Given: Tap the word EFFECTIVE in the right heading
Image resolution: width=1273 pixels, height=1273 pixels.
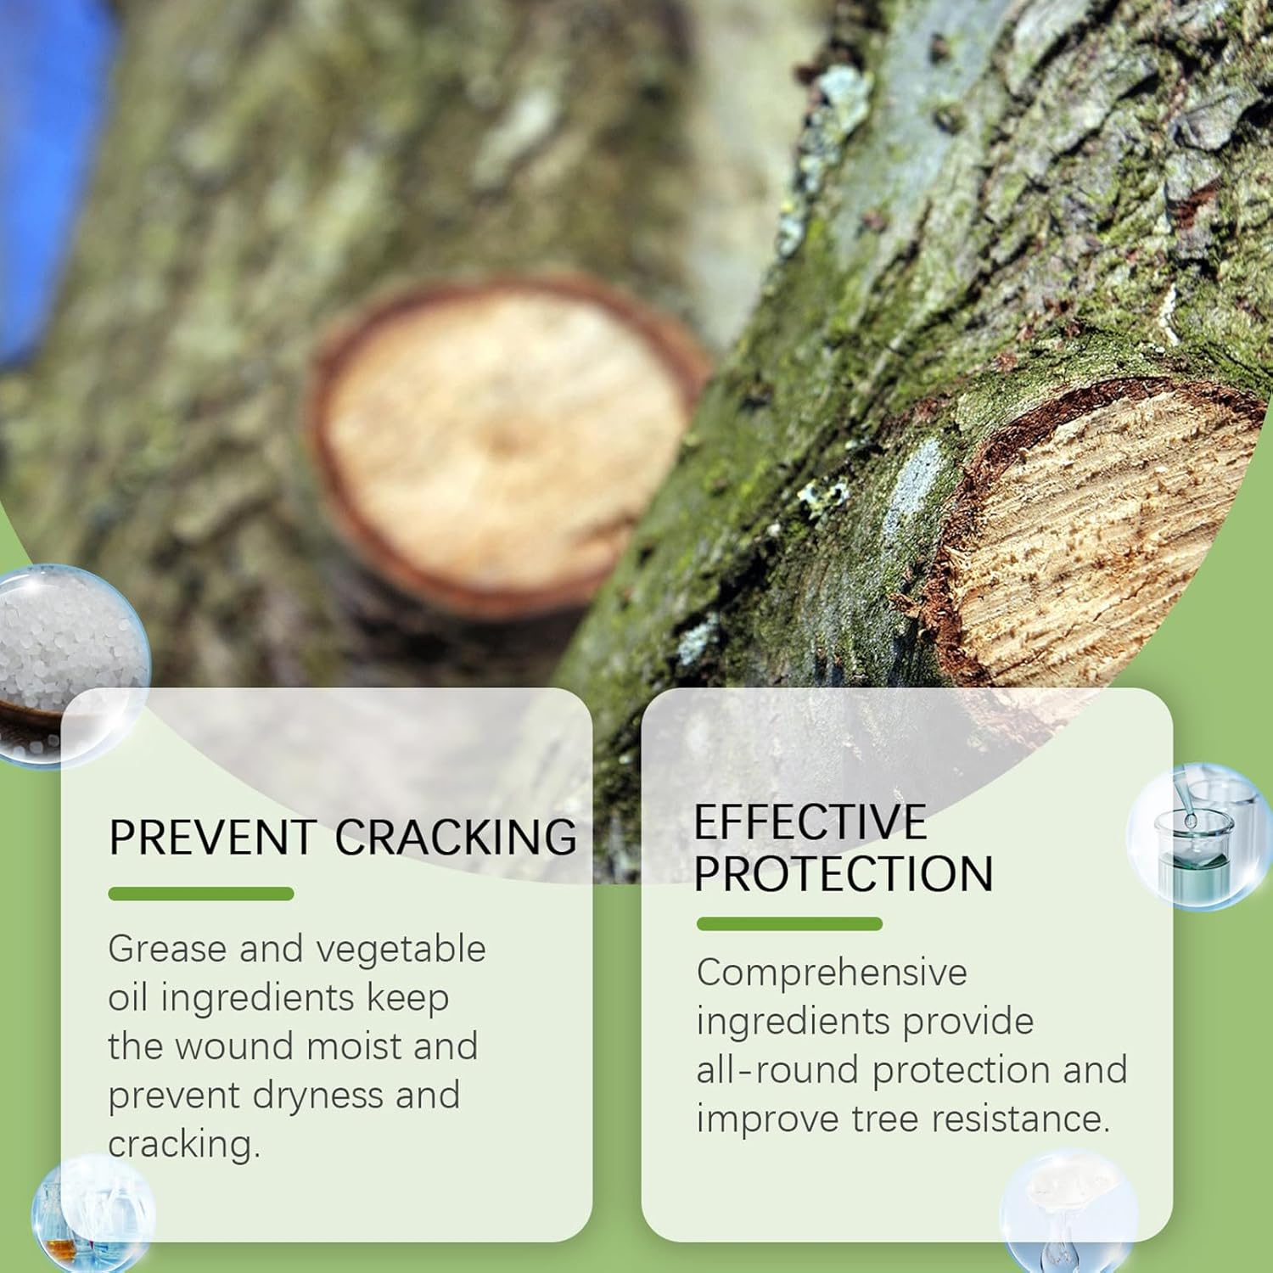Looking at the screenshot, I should [x=810, y=822].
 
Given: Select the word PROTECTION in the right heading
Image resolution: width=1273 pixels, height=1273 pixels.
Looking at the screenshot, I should [x=844, y=873].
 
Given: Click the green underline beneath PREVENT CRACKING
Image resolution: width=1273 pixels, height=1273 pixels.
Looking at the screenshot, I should [x=201, y=894].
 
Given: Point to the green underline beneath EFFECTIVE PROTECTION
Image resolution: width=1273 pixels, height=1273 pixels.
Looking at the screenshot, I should [x=789, y=924].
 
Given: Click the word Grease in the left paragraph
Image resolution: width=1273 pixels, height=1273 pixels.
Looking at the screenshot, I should [x=167, y=949].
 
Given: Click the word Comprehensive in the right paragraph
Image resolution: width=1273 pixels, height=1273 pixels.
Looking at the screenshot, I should [x=832, y=973].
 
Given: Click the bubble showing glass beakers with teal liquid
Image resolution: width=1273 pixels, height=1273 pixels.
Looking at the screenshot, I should [x=1197, y=836].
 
